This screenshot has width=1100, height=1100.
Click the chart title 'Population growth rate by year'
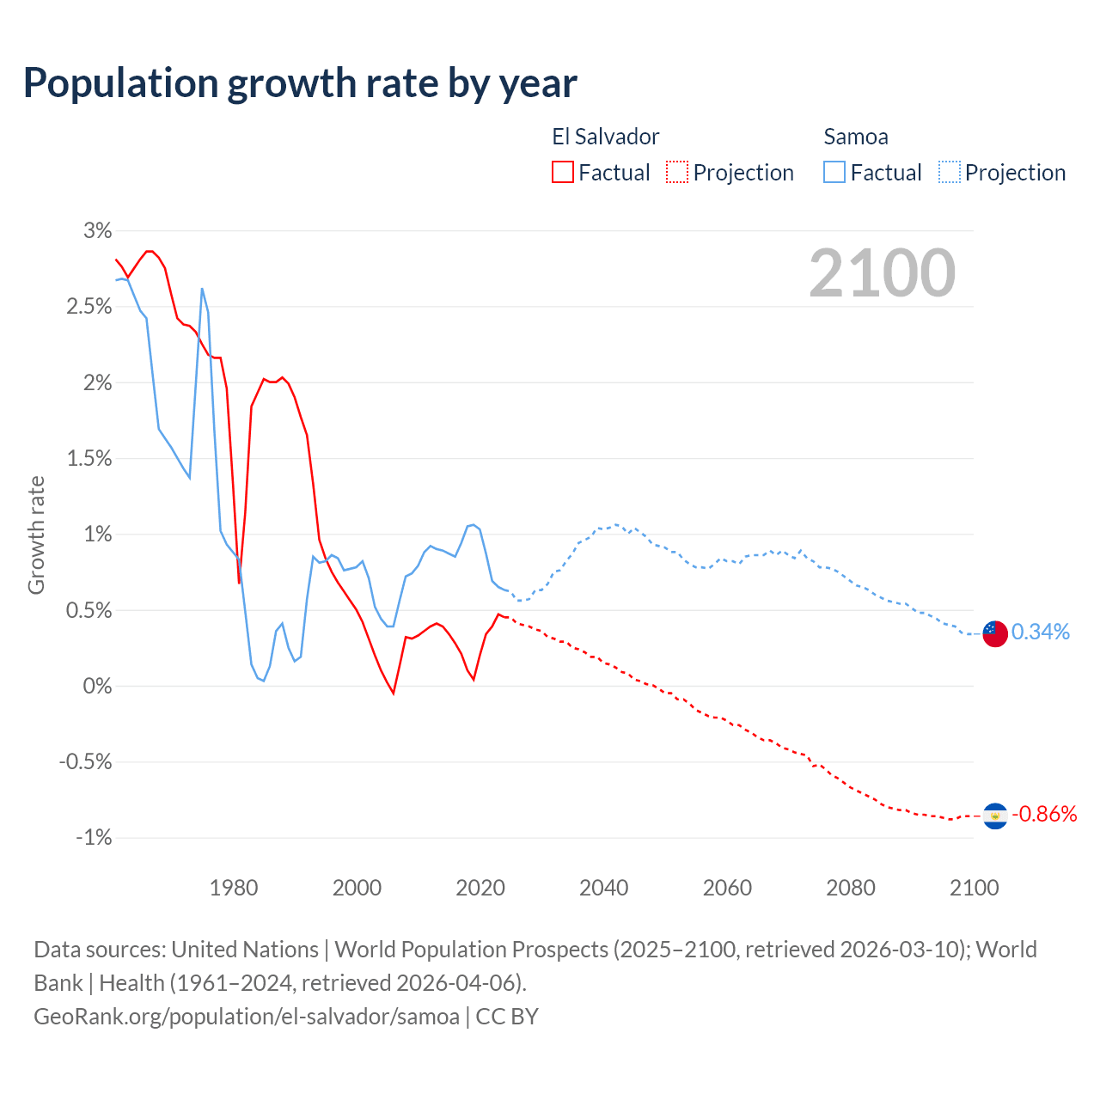coord(300,83)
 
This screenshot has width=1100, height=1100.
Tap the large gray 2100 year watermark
coord(882,273)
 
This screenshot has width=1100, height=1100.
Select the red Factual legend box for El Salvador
coord(563,172)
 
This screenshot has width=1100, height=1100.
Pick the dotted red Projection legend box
coord(677,172)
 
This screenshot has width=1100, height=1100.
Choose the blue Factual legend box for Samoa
coord(834,172)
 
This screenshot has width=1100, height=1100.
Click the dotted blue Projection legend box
coord(949,172)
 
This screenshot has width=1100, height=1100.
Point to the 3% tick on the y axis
coord(98,230)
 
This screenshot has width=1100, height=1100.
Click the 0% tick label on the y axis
coord(97,686)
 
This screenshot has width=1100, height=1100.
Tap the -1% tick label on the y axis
coord(94,837)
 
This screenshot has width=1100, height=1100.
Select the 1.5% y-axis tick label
coord(89,458)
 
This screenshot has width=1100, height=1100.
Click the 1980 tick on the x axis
coord(234,888)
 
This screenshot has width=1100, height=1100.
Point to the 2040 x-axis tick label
coord(603,888)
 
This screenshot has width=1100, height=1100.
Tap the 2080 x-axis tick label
coord(851,888)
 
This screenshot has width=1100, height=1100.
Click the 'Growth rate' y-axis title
coord(36,535)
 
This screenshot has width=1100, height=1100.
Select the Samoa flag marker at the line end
coord(994,633)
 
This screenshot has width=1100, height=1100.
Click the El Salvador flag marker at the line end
coord(994,816)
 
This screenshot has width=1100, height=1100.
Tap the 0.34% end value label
coord(1041,632)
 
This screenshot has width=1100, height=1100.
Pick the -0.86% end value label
coord(1044,815)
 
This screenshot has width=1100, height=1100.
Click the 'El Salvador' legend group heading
coord(606,137)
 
